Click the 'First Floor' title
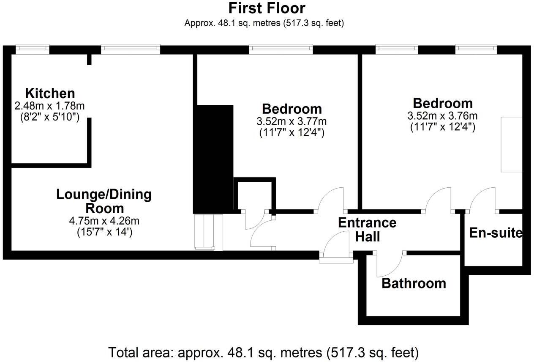267,8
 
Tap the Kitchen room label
50,93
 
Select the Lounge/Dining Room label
104,201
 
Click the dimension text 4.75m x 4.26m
104,221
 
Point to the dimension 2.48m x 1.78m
50,106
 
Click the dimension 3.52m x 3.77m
292,122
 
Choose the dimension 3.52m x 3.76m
442,116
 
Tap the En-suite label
496,233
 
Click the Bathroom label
414,283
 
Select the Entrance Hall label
367,229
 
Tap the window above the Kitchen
33,49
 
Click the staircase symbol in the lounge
208,232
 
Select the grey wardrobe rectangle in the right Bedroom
511,144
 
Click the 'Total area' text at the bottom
264,352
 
